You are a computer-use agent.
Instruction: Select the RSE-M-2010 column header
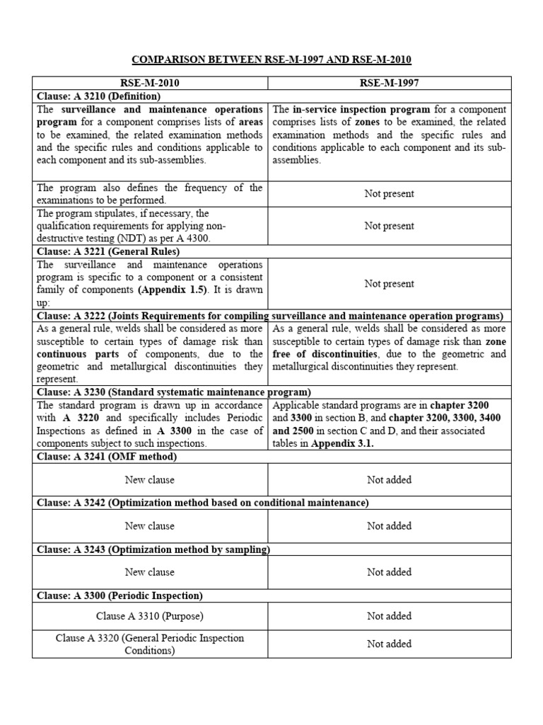(150, 83)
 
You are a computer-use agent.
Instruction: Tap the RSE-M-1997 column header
(389, 83)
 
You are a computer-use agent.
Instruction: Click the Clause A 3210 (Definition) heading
(98, 96)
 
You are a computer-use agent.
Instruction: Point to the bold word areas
(251, 122)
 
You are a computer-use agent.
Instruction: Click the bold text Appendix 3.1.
(346, 443)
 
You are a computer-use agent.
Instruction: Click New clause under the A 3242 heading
(149, 526)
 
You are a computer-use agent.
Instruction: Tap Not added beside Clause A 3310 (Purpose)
(389, 616)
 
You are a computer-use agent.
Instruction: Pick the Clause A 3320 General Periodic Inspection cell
(149, 644)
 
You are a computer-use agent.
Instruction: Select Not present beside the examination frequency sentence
(389, 193)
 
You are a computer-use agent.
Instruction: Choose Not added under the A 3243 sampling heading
(389, 572)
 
